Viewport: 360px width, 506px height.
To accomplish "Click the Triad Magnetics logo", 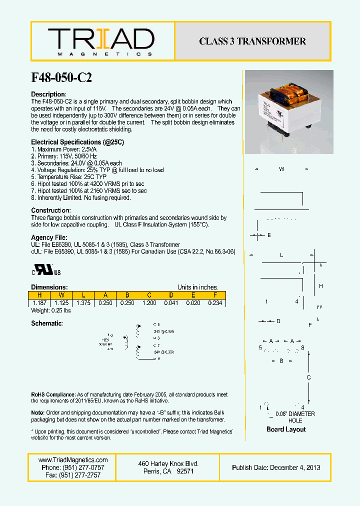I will pos(101,41).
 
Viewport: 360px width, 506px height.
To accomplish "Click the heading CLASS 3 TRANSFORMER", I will pos(252,41).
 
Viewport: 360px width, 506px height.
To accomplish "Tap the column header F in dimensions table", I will pos(214,295).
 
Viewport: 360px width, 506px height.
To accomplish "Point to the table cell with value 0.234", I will pos(214,303).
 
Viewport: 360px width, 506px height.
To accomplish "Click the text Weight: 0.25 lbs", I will pos(50,311).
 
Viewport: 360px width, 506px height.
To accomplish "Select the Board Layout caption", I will pos(286,429).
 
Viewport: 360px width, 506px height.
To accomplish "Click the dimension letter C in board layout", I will pos(309,377).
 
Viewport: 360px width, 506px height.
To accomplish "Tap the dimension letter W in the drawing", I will pos(281,169).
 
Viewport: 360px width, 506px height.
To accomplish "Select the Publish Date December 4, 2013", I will pos(276,467).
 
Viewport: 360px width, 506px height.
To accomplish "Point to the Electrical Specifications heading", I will pos(77,142).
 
